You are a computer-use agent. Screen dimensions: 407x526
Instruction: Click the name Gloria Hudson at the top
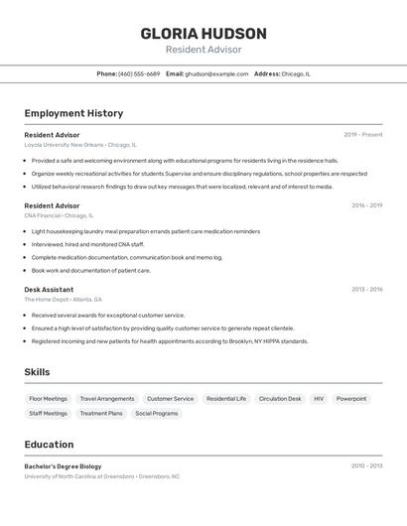pos(203,33)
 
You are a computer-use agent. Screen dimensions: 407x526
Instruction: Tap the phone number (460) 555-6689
pos(139,73)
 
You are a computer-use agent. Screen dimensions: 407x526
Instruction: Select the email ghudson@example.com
pos(216,73)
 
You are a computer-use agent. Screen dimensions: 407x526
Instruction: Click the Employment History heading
pos(73,113)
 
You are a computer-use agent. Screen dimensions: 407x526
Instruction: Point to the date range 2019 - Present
pos(363,135)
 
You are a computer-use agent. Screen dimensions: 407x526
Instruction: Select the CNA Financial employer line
pos(59,215)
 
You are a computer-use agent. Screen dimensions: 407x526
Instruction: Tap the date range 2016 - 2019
pos(366,205)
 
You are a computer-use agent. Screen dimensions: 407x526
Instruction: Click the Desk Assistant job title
pos(49,290)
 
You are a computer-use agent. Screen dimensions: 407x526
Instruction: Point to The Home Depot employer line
pos(64,299)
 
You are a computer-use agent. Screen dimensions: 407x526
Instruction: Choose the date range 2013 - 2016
pos(366,290)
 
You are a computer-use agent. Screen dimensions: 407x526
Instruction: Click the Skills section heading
pos(38,372)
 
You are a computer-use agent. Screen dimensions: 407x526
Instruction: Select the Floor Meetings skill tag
pos(48,399)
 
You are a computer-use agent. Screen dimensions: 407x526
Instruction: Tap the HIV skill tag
pos(319,399)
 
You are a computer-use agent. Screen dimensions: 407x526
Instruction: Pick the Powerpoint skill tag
pos(351,399)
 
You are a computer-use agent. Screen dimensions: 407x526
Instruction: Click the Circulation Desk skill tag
pos(280,399)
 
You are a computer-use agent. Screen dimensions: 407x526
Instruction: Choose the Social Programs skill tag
pos(157,414)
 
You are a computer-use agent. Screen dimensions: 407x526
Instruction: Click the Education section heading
pos(50,445)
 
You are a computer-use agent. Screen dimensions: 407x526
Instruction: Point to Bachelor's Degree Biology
pos(64,465)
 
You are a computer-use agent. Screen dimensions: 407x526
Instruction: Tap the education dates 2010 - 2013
pos(366,465)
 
